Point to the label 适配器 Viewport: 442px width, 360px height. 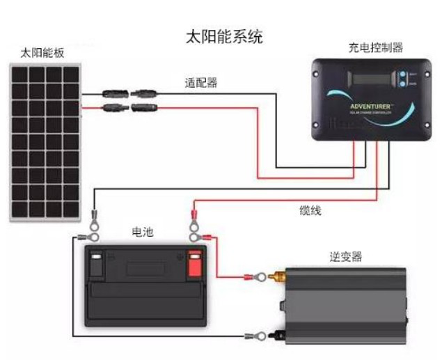click(x=200, y=82)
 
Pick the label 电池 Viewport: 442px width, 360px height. click(x=142, y=232)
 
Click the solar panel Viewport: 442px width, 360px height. click(x=45, y=140)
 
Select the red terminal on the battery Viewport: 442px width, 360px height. click(x=195, y=263)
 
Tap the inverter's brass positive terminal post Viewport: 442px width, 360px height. click(x=281, y=277)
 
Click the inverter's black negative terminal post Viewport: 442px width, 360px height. click(x=281, y=337)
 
